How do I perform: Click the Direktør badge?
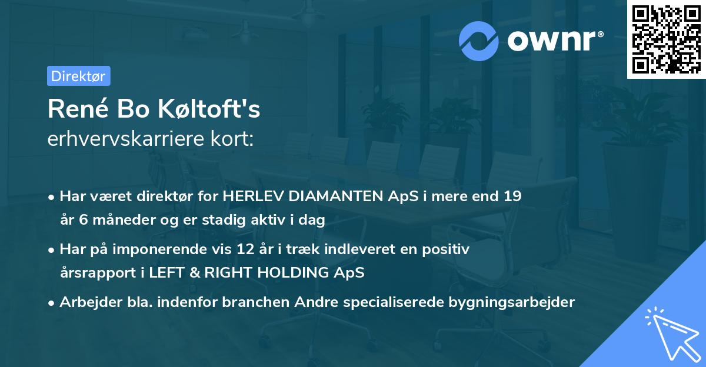pyautogui.click(x=78, y=76)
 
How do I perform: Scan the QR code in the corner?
pyautogui.click(x=666, y=39)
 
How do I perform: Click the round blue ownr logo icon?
pyautogui.click(x=479, y=41)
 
